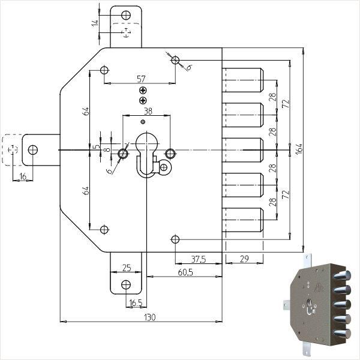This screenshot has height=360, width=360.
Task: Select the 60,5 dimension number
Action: click(x=185, y=272)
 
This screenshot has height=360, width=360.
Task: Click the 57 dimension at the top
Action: click(x=142, y=79)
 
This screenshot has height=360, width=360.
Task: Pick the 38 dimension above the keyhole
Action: click(x=146, y=112)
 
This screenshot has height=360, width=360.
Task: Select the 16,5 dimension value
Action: click(x=136, y=304)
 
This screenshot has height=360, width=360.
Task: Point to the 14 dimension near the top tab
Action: click(x=94, y=23)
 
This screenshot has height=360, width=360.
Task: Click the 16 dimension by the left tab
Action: click(x=22, y=176)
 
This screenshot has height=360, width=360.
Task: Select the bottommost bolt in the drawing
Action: click(x=243, y=221)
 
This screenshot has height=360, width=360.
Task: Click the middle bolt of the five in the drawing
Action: click(x=243, y=150)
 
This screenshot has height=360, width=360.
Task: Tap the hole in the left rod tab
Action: click(x=32, y=149)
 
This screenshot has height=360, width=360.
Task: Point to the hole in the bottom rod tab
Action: click(x=126, y=285)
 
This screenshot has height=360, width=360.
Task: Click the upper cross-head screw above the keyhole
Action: click(x=143, y=90)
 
